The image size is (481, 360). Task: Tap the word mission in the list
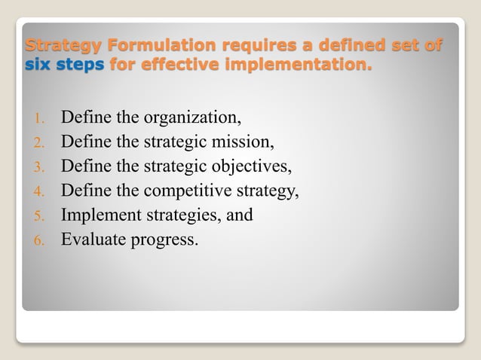click(x=247, y=142)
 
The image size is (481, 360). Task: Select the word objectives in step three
click(x=253, y=166)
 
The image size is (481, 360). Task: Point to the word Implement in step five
click(x=98, y=215)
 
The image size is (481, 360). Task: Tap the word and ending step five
click(x=239, y=215)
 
